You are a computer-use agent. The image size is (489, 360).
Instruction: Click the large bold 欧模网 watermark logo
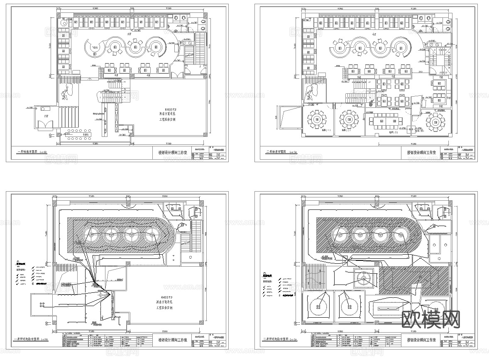[431, 319]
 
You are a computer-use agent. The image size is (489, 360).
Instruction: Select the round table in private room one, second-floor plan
[317, 120]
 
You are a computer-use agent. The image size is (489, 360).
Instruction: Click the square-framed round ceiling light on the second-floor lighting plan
[364, 279]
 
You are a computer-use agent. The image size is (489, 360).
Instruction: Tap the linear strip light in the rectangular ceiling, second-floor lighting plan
[386, 308]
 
